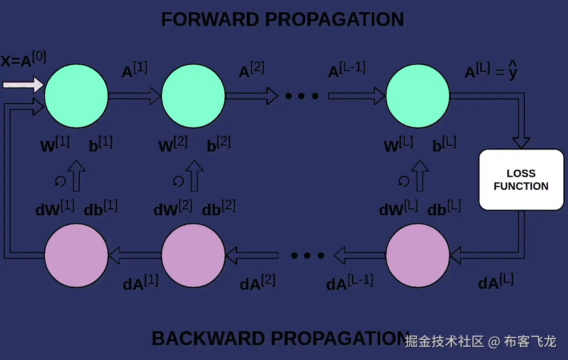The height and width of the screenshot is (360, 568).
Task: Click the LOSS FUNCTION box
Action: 521,180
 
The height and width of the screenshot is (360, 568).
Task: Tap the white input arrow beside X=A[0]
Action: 23,84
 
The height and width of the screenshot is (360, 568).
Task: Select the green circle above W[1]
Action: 76,96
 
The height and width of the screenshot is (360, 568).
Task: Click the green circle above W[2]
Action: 193,96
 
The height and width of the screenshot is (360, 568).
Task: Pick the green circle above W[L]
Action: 418,96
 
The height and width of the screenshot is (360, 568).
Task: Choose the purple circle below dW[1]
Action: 76,256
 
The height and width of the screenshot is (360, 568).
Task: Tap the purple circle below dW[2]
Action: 193,256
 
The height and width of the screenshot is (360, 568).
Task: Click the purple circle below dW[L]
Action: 418,256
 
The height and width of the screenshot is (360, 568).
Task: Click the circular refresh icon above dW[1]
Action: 60,181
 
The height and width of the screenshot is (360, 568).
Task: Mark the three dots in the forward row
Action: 302,96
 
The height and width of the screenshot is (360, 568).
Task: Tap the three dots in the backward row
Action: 307,256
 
